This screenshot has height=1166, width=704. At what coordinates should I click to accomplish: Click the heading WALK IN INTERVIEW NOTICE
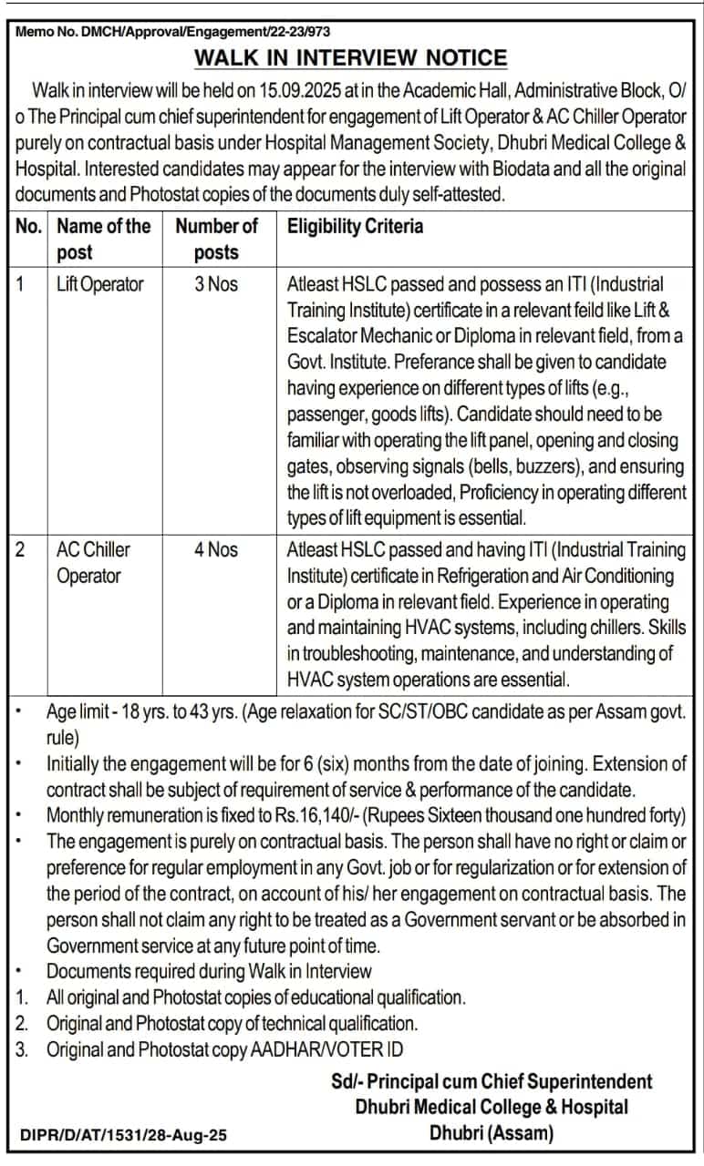pyautogui.click(x=351, y=58)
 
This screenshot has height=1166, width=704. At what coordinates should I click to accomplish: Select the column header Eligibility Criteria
pyautogui.click(x=355, y=226)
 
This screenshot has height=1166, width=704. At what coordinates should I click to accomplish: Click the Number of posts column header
pyautogui.click(x=216, y=239)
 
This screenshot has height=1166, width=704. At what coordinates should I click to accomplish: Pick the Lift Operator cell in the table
pyautogui.click(x=99, y=284)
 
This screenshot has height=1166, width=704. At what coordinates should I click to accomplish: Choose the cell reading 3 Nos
pyautogui.click(x=216, y=284)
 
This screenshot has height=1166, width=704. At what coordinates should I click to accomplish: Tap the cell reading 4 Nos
pyautogui.click(x=216, y=549)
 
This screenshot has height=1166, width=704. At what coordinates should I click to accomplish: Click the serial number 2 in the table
pyautogui.click(x=21, y=549)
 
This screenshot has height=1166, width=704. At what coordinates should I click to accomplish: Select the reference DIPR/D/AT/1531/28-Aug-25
pyautogui.click(x=123, y=1135)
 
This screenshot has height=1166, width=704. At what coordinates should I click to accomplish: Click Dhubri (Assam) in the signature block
pyautogui.click(x=492, y=1133)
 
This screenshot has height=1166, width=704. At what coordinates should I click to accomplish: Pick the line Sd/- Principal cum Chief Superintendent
pyautogui.click(x=492, y=1081)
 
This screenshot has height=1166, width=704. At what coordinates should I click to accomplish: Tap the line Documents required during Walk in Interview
pyautogui.click(x=209, y=971)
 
